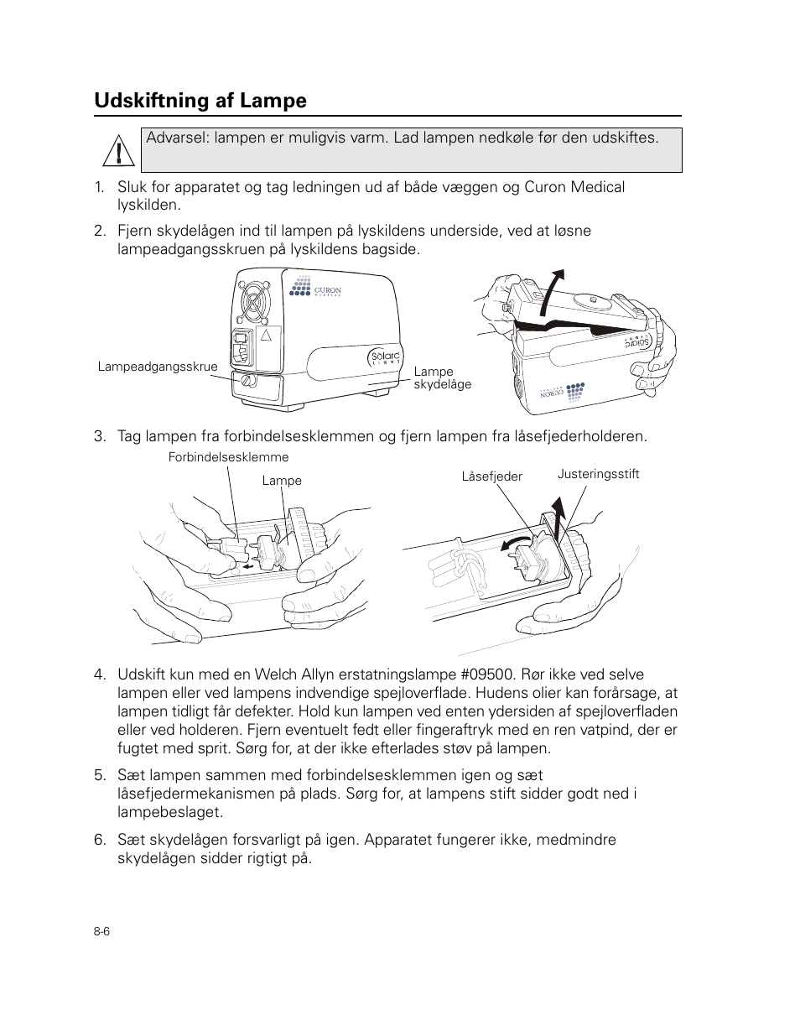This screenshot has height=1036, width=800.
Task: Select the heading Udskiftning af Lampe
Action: [x=200, y=101]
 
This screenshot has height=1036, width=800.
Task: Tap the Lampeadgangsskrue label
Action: [x=158, y=367]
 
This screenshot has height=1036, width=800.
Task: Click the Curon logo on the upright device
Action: [x=315, y=290]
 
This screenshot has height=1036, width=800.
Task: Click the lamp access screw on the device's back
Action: [x=247, y=382]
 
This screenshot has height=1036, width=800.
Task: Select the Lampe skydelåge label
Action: [x=442, y=377]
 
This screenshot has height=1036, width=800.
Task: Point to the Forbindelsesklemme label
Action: [x=228, y=457]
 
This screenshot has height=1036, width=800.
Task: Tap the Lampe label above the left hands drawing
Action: [x=282, y=481]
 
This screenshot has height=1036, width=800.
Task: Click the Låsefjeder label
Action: [x=491, y=476]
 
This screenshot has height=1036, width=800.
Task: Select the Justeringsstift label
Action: [x=598, y=474]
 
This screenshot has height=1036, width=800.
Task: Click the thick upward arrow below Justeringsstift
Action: [x=555, y=513]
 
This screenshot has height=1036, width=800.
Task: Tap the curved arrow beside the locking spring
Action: [x=513, y=543]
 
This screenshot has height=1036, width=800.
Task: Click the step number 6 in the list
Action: [x=100, y=841]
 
